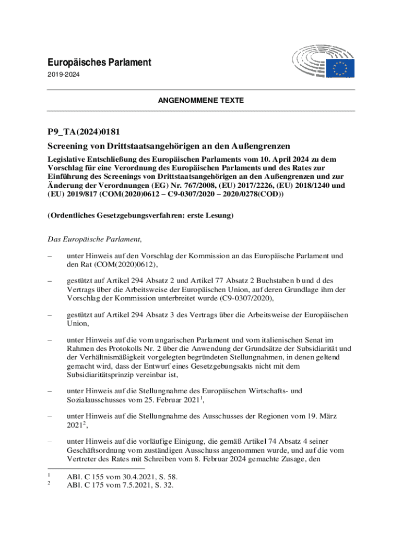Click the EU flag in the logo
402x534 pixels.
point(341,68)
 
